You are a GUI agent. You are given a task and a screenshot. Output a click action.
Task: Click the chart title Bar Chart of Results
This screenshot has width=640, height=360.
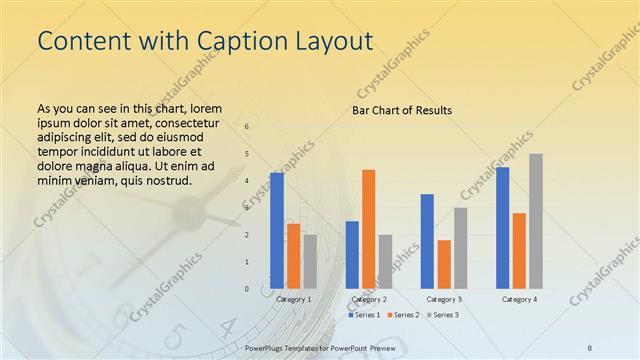(401, 110)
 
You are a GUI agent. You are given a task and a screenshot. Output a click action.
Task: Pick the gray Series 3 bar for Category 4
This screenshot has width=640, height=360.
(536, 220)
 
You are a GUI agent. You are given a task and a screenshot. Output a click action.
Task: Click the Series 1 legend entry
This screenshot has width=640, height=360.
(365, 315)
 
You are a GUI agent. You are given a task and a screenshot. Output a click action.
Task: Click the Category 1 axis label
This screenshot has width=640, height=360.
(293, 299)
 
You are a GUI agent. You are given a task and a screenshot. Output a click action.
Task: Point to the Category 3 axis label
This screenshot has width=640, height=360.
(444, 299)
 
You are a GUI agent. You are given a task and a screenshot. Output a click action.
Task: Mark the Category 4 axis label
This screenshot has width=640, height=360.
(519, 299)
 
